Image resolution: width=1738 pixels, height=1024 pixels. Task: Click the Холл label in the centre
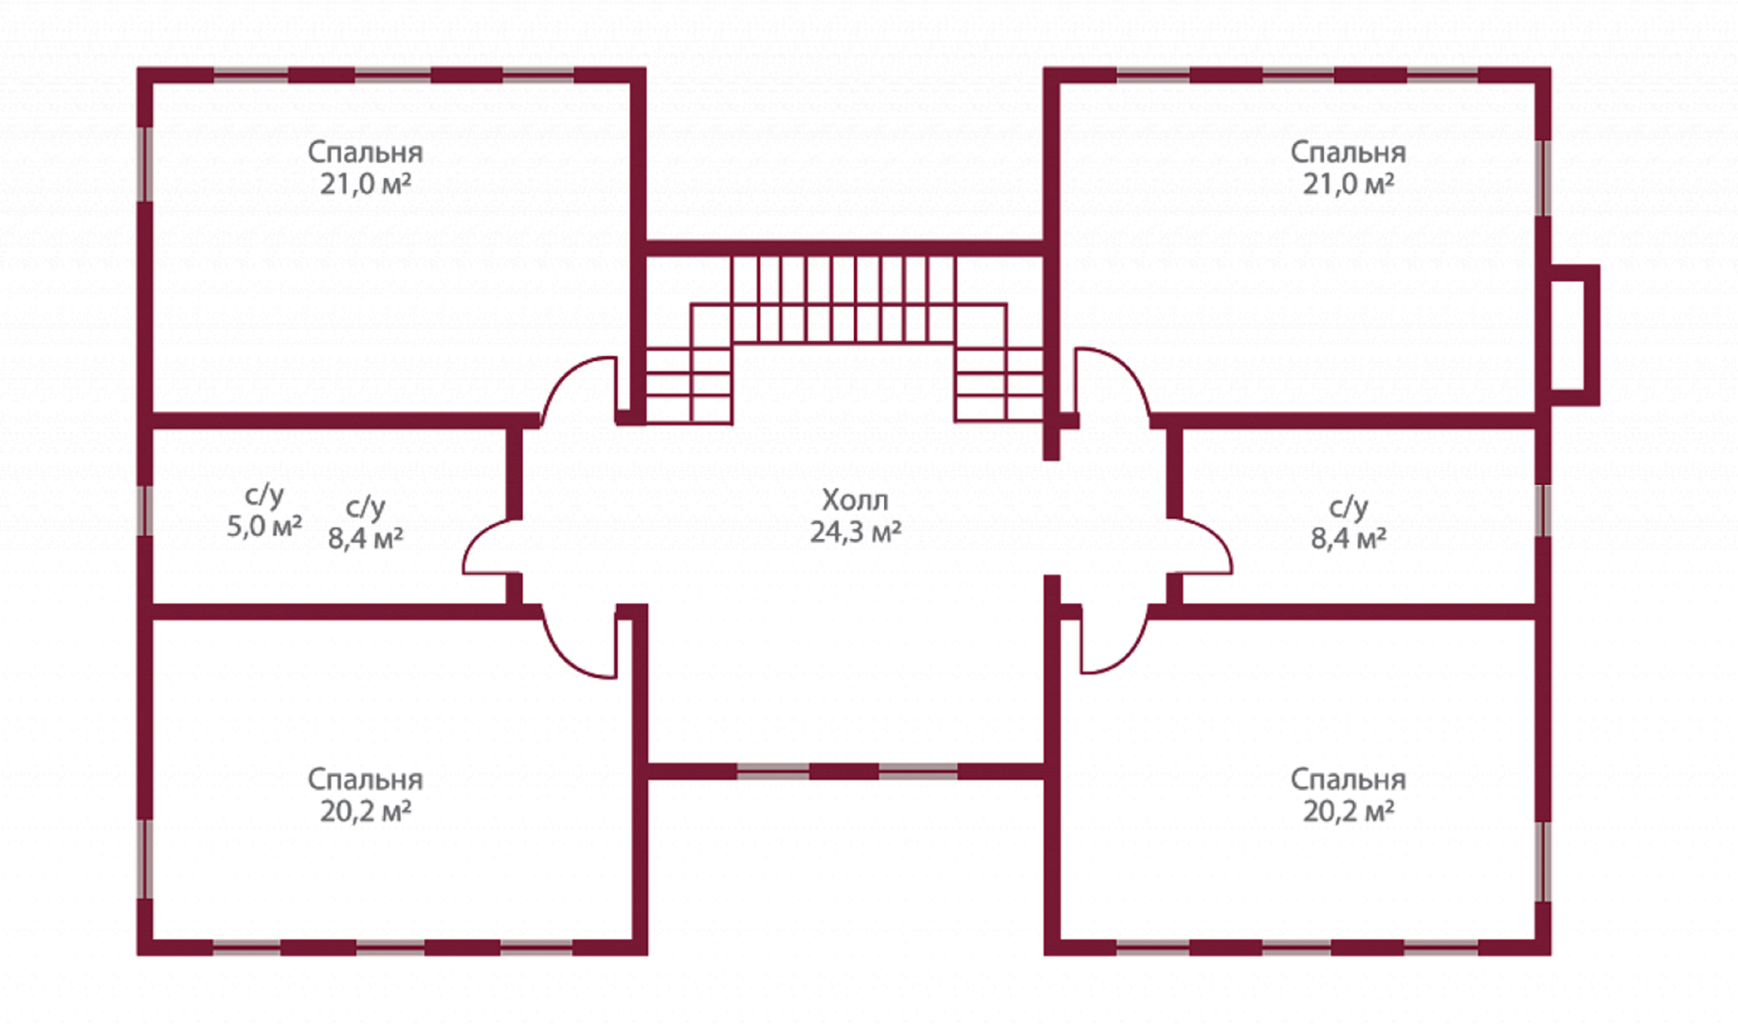(855, 499)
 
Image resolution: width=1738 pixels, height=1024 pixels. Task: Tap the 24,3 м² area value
(855, 531)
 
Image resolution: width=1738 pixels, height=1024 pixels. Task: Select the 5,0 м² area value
(264, 526)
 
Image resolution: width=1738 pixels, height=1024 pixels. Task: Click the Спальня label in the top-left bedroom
(365, 152)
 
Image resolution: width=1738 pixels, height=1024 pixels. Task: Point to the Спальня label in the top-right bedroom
(1348, 152)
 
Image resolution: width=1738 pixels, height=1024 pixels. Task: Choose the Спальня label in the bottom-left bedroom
(365, 779)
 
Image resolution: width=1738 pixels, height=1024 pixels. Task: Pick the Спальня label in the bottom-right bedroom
(1348, 779)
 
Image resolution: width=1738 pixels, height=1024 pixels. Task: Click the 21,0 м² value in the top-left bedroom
(365, 183)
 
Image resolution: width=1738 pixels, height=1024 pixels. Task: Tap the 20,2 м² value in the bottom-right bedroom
(1348, 811)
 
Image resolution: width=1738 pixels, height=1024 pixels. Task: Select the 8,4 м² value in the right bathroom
(1348, 538)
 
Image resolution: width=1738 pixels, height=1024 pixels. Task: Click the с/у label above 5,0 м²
(264, 494)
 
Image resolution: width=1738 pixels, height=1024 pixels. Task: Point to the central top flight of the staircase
(842, 299)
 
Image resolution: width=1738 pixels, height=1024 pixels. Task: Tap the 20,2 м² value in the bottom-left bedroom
(365, 811)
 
